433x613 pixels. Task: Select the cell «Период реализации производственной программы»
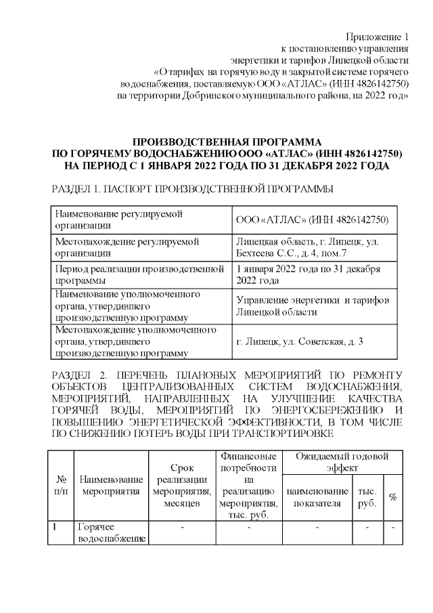coord(139,275)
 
